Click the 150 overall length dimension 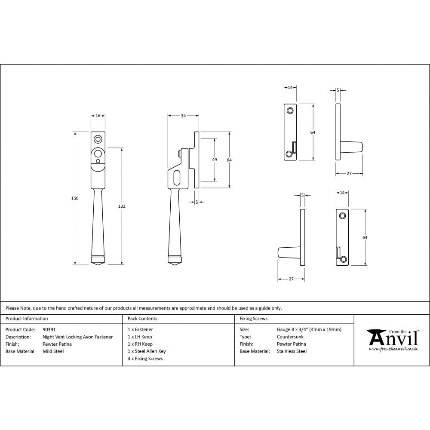75,198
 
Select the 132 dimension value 122,206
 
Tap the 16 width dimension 98,116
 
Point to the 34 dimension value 183,116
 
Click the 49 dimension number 215,160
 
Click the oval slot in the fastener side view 177,178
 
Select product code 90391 49,329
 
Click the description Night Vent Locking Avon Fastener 78,337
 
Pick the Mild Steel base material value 53,351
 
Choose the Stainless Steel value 292,351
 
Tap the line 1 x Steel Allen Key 147,351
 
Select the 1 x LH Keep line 140,337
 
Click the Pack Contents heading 142,319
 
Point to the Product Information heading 27,319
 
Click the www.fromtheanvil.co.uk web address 393,349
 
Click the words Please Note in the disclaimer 18,308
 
